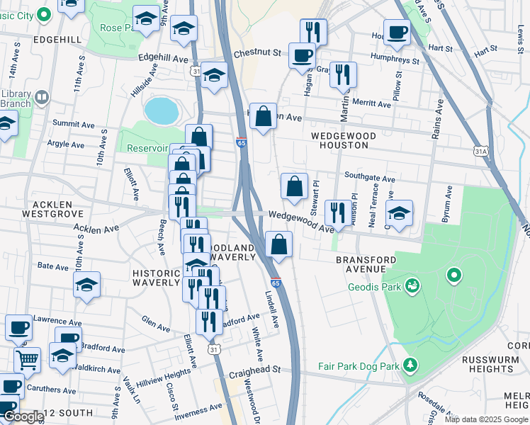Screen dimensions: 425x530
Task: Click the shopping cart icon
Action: [x=27, y=359]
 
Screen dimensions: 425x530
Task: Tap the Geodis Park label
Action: [x=374, y=287]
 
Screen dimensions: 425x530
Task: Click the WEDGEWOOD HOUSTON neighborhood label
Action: [x=339, y=140]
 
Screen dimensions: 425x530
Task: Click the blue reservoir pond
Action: [x=161, y=110]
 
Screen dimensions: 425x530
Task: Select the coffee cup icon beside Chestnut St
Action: [x=303, y=55]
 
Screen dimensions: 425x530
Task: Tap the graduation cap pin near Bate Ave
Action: [x=87, y=285]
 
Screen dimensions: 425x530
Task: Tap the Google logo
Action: [x=23, y=417]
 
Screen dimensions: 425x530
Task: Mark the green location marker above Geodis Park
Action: [x=453, y=274]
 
